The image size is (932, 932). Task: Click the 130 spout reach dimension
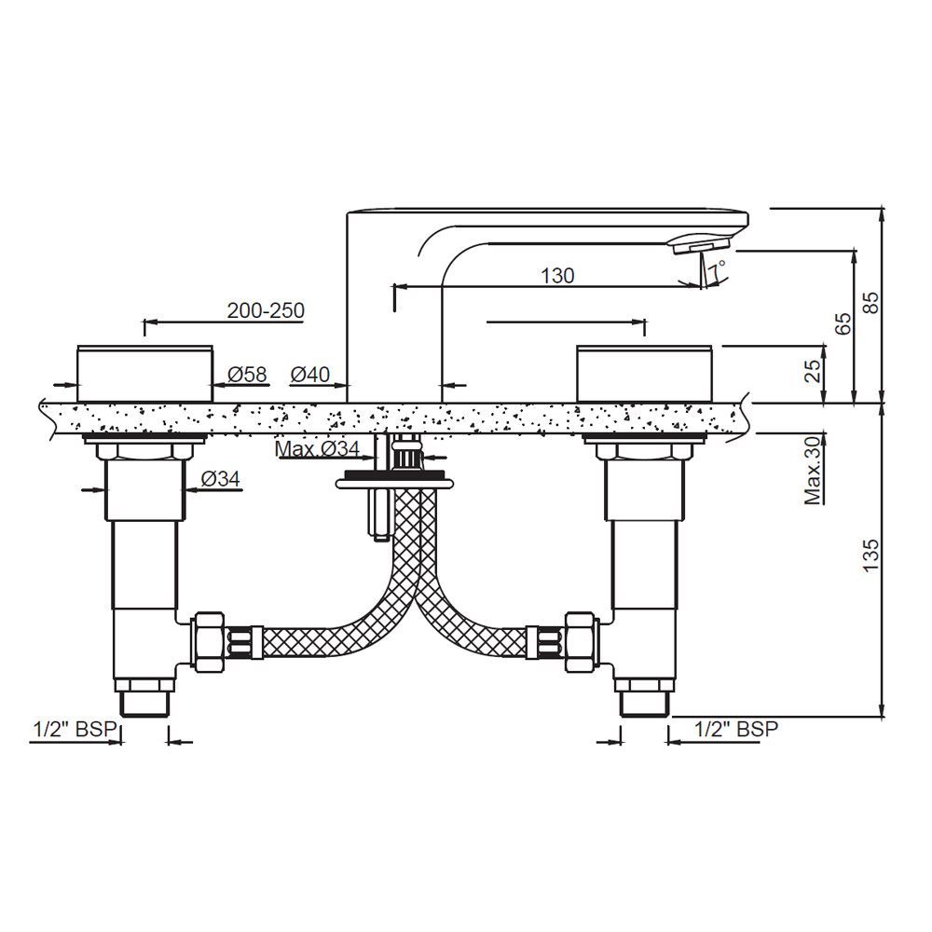(x=557, y=276)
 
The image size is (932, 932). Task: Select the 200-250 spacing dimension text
(x=265, y=311)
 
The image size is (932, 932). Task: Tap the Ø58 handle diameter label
(x=247, y=375)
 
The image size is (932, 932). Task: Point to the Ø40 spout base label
(x=309, y=375)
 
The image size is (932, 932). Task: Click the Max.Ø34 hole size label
(x=317, y=449)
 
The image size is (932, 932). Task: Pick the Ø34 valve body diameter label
(x=221, y=479)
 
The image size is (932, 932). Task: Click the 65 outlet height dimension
(x=843, y=323)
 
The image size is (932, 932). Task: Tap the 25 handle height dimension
(x=813, y=371)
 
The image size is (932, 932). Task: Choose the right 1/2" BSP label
(x=736, y=730)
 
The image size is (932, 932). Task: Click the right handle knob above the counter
(x=646, y=373)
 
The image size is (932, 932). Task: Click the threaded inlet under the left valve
(x=144, y=701)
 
